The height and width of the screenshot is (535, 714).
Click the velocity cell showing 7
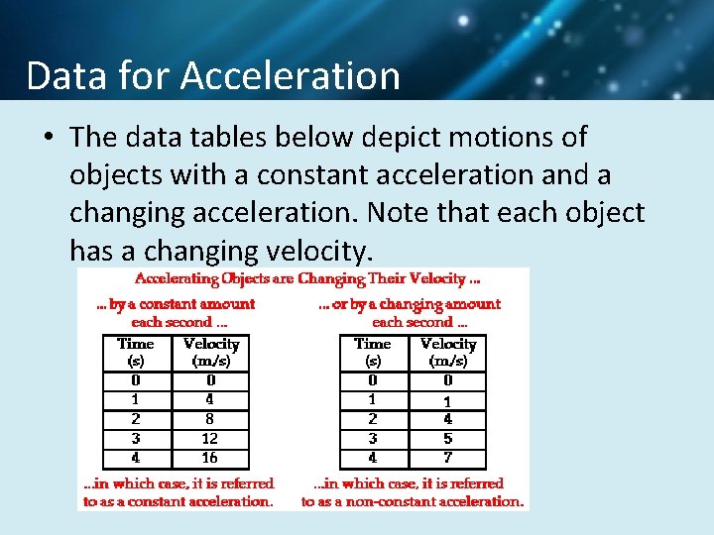pyautogui.click(x=447, y=458)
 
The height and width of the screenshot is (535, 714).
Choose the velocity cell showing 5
pyautogui.click(x=447, y=438)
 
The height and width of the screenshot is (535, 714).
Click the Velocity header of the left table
pyautogui.click(x=211, y=345)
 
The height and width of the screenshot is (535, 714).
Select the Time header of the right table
pyautogui.click(x=373, y=345)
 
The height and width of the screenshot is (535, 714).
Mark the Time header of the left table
pyautogui.click(x=136, y=345)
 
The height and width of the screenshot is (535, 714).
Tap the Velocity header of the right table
pyautogui.click(x=448, y=345)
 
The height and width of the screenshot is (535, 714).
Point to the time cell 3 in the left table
pyautogui.click(x=136, y=438)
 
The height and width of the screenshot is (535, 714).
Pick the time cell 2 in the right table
pyautogui.click(x=373, y=418)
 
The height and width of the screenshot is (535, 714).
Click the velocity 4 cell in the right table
pyautogui.click(x=447, y=418)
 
